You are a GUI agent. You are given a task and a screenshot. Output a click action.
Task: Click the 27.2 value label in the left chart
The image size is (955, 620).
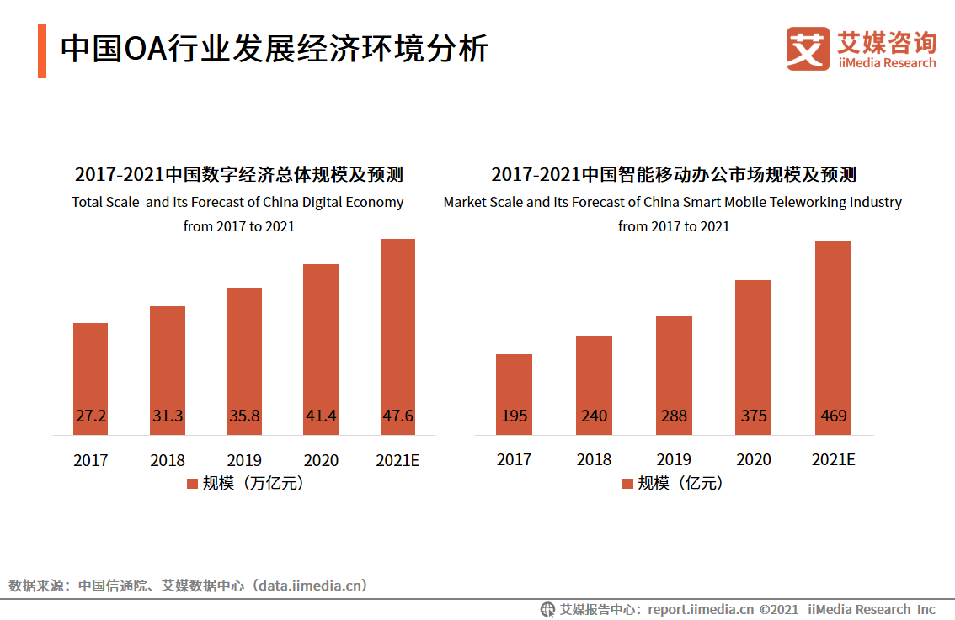pyautogui.click(x=90, y=416)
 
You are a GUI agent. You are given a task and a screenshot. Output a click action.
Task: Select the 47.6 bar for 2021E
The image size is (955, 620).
pyautogui.click(x=397, y=336)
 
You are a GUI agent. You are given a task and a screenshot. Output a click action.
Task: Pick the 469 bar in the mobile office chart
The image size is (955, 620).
pyautogui.click(x=833, y=336)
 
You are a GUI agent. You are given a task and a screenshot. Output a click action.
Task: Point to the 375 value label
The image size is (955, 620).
pyautogui.click(x=753, y=416)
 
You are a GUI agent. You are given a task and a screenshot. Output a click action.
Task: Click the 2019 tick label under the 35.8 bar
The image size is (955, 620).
pyautogui.click(x=244, y=460)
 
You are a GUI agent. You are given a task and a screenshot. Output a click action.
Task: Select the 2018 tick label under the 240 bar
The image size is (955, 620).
pyautogui.click(x=594, y=460)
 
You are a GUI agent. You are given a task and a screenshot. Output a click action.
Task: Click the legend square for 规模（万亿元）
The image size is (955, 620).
pyautogui.click(x=191, y=484)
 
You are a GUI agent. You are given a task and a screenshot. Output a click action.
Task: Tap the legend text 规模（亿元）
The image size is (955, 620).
pyautogui.click(x=680, y=483)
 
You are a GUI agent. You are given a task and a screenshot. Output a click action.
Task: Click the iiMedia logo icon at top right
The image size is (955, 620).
pyautogui.click(x=808, y=49)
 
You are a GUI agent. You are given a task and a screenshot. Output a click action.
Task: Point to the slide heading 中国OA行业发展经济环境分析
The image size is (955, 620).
pyautogui.click(x=274, y=49)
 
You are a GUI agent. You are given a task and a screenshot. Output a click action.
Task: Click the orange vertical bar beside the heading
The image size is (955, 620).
pyautogui.click(x=42, y=50)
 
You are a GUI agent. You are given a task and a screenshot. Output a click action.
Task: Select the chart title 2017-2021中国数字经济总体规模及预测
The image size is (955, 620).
pyautogui.click(x=238, y=175)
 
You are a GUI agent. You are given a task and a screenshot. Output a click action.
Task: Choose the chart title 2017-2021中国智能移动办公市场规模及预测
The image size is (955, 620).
pyautogui.click(x=674, y=175)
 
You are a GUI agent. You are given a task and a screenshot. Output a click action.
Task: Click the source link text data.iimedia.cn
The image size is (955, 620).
pyautogui.click(x=309, y=586)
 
